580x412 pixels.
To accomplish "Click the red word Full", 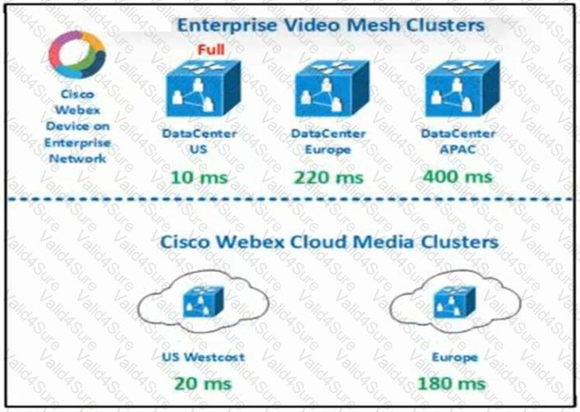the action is (x=211, y=49).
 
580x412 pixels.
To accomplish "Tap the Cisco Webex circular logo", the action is (x=77, y=54).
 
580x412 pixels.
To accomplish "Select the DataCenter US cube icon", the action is (x=203, y=89).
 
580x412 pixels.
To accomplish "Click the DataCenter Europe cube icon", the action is (x=332, y=89).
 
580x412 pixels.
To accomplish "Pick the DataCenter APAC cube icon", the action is (x=463, y=89).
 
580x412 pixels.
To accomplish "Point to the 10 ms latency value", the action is (x=200, y=178).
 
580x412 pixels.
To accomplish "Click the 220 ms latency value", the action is (x=329, y=178).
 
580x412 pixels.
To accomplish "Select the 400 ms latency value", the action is (x=458, y=177).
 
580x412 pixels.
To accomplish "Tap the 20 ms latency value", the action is (x=203, y=383).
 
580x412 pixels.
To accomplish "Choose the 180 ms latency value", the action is (x=452, y=383).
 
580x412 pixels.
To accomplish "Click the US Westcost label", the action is (x=203, y=357).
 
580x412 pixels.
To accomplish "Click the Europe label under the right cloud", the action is (x=454, y=358).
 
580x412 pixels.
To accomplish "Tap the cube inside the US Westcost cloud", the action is (x=204, y=302).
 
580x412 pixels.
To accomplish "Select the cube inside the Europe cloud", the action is (x=455, y=302).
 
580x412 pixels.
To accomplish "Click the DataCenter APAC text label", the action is (x=458, y=141).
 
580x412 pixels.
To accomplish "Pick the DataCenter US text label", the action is (x=199, y=141).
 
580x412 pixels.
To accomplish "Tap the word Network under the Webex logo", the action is (x=78, y=159).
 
